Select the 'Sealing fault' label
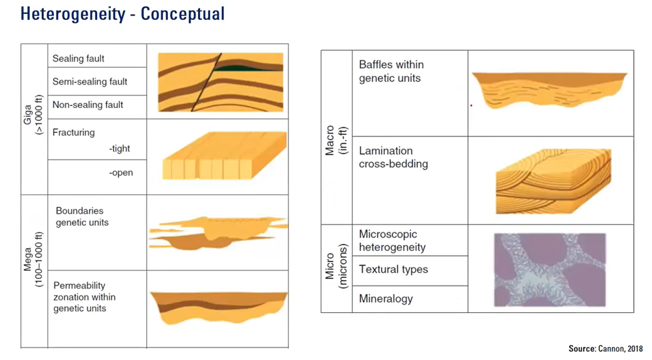tap(78, 59)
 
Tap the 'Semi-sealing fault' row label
tap(90, 82)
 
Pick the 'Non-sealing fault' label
tap(88, 105)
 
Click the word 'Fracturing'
tap(73, 132)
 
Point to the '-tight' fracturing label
tap(119, 149)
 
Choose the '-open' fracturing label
tap(120, 172)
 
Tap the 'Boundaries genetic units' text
tap(81, 216)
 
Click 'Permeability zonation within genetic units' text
tap(84, 297)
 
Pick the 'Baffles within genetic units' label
tap(391, 71)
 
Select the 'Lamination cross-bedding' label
tap(393, 157)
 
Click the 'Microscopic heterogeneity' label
tap(392, 240)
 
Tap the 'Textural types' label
tap(393, 270)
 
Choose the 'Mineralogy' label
tap(386, 299)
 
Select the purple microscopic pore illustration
tap(550, 269)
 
